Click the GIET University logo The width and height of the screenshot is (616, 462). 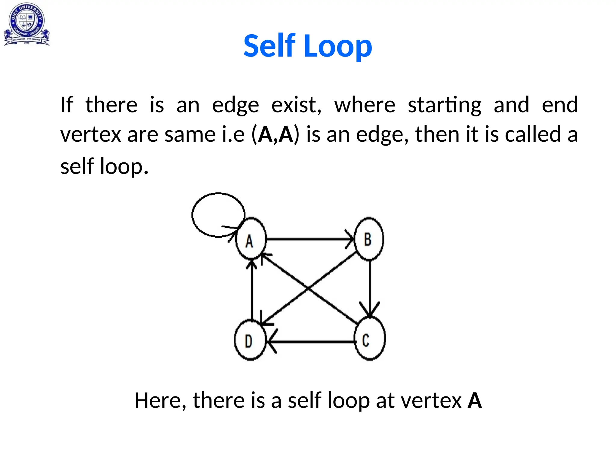pyautogui.click(x=26, y=24)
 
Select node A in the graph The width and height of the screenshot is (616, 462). pyautogui.click(x=250, y=239)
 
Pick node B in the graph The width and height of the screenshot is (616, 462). pyautogui.click(x=369, y=239)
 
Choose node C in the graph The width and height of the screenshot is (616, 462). pyautogui.click(x=369, y=339)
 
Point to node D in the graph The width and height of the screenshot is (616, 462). pyautogui.click(x=250, y=340)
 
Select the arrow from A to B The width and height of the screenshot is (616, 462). pyautogui.click(x=310, y=239)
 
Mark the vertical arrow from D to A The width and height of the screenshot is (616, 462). pyautogui.click(x=252, y=292)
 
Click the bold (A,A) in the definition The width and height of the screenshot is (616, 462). pyautogui.click(x=276, y=134)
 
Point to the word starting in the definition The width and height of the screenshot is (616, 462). pyautogui.click(x=444, y=105)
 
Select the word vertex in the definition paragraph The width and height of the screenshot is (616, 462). pyautogui.click(x=90, y=134)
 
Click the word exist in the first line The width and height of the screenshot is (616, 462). pyautogui.click(x=296, y=105)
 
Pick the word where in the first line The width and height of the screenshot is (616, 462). pyautogui.click(x=365, y=105)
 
